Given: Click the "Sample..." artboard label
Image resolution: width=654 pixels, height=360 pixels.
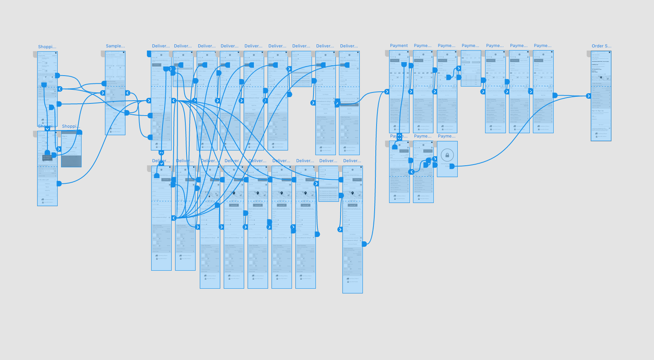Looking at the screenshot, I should [x=115, y=46].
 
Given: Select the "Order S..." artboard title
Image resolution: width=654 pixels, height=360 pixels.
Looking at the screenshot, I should [x=601, y=46].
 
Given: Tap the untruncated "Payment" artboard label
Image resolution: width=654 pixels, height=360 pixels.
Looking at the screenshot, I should [x=399, y=46].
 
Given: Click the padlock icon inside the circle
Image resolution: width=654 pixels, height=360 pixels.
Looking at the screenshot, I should [x=447, y=155].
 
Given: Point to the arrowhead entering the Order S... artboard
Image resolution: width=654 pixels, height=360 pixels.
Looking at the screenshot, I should [x=589, y=96].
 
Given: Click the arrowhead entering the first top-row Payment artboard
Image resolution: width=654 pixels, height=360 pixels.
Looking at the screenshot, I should [x=387, y=92].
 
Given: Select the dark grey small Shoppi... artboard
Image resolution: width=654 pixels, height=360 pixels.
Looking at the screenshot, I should [x=71, y=149].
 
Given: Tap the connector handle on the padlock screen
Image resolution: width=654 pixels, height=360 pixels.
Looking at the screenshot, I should [x=452, y=166].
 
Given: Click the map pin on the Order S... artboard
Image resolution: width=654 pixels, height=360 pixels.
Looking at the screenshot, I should [x=601, y=78].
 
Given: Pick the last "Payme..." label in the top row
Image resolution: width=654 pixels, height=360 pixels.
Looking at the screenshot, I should [x=543, y=46].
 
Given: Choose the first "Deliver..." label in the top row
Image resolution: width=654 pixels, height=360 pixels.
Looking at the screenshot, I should [x=161, y=46].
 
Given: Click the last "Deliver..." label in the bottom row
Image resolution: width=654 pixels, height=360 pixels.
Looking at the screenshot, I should [x=352, y=161].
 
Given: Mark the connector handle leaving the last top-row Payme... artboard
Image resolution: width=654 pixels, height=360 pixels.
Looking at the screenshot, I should [x=555, y=95].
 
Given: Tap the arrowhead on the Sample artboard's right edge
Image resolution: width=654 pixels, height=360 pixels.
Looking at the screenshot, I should [x=128, y=93].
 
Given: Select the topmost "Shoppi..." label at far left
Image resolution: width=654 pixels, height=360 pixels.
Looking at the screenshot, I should [x=47, y=47].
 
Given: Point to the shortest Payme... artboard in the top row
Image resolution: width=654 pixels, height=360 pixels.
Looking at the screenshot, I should [x=471, y=69].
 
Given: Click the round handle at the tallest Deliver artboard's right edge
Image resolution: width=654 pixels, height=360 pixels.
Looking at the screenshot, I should [x=364, y=244].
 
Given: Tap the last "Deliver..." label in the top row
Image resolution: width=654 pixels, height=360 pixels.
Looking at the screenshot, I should [x=349, y=46].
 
